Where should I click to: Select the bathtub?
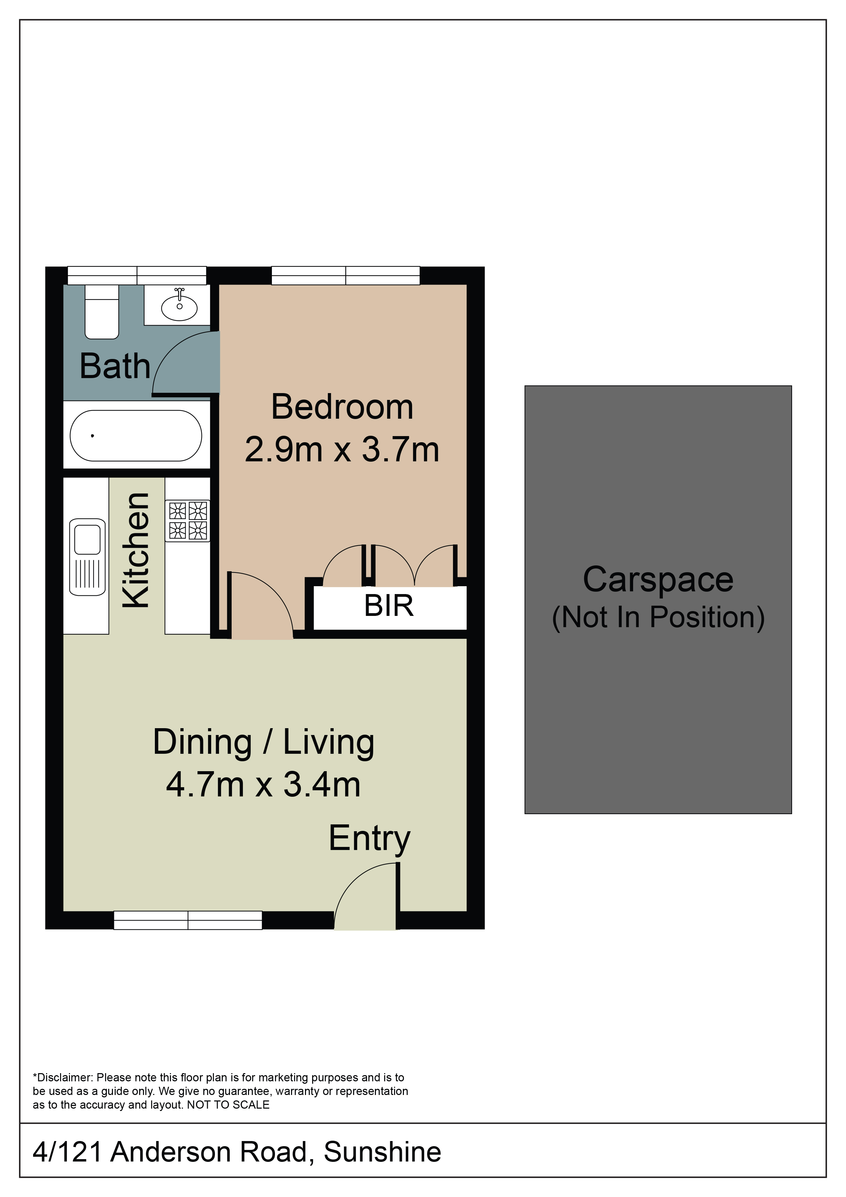(x=136, y=435)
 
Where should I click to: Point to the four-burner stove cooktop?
(x=188, y=520)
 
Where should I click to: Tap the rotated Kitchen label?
(x=136, y=550)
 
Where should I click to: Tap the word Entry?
(x=369, y=838)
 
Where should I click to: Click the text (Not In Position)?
(x=658, y=618)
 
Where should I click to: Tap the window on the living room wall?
(x=188, y=920)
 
